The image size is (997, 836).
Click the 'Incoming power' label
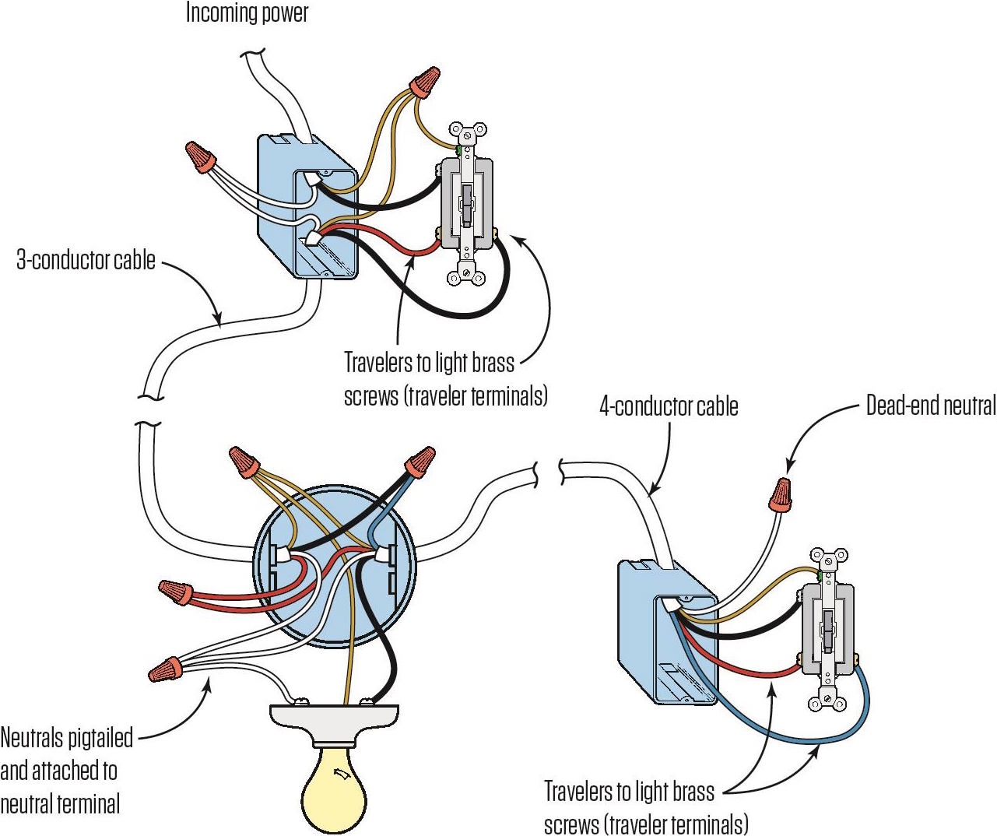pos(247,13)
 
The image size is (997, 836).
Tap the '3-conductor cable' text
pos(86,260)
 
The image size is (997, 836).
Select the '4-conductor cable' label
pos(669,406)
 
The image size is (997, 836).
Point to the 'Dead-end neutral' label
pos(930,406)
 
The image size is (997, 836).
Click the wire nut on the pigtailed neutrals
pos(167,669)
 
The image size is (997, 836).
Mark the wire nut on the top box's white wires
pos(201,157)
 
